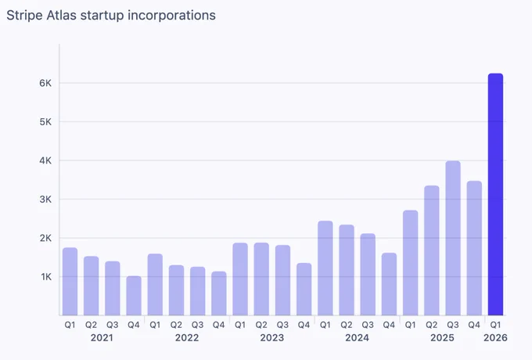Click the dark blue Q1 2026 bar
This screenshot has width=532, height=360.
495,194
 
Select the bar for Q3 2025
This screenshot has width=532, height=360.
453,238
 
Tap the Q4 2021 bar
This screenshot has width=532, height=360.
134,296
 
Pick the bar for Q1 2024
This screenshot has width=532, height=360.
325,268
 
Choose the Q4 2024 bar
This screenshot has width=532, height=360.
389,284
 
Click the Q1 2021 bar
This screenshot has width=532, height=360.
70,282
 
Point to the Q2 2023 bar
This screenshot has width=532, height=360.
261,279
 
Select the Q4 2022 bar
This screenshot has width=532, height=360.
219,293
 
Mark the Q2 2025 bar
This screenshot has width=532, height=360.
432,250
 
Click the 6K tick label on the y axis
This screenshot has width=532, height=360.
45,83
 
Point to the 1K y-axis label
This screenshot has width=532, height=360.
46,277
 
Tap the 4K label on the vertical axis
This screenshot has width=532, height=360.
45,160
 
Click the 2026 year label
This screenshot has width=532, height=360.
495,338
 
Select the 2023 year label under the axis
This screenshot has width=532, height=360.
272,338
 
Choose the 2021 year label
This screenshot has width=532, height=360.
102,338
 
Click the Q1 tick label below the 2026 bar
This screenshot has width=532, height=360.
495,325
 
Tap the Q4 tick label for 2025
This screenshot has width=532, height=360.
474,325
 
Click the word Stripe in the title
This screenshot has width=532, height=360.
24,16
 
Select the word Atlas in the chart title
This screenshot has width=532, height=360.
61,16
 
